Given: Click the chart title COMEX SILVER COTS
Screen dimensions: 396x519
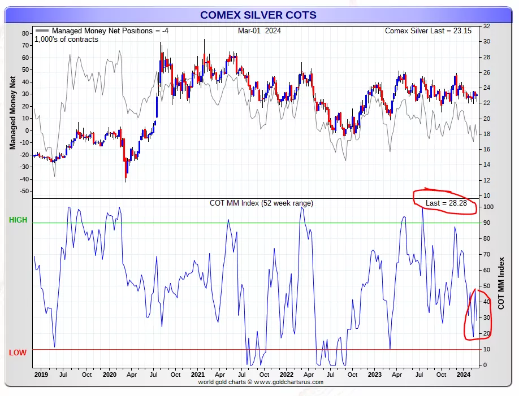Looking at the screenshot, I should [259, 15].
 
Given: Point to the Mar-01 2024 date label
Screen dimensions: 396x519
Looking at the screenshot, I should [259, 31].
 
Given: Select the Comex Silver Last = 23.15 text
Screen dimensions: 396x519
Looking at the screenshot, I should [428, 31].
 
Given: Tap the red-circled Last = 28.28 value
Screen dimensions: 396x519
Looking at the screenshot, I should [446, 203].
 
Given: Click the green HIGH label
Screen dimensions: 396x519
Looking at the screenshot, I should [18, 220].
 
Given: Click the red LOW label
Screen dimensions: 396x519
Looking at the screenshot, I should [18, 353].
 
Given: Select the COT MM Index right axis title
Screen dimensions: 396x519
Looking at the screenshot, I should [501, 284].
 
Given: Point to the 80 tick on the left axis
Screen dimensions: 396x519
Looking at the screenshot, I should [25, 33].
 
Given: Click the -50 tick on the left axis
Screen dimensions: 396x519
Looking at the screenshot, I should [24, 191].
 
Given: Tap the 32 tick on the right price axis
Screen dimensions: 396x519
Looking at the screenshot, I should [486, 27].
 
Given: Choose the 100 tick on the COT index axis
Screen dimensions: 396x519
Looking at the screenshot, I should [487, 207].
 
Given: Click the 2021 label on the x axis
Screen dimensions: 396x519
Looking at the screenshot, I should [197, 375].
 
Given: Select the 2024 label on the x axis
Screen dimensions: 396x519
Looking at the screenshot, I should [463, 375].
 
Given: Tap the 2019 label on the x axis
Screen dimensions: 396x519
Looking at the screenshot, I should [41, 375].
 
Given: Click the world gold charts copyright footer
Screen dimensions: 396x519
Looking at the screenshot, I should [260, 382].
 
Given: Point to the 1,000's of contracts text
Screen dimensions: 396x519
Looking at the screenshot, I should [66, 40].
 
